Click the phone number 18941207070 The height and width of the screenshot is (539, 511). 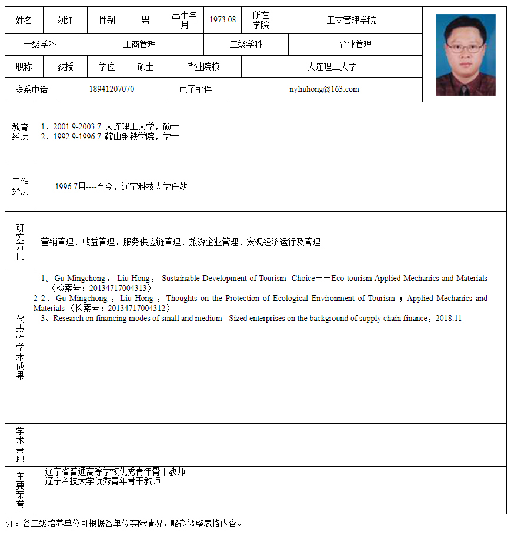pyautogui.click(x=111, y=89)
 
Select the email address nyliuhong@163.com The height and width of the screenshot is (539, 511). pyautogui.click(x=324, y=89)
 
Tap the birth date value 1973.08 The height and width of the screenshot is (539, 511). pyautogui.click(x=222, y=20)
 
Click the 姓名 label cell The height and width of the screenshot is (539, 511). pyautogui.click(x=24, y=21)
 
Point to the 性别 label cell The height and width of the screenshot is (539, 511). pyautogui.click(x=106, y=21)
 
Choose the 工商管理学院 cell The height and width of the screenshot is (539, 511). pyautogui.click(x=351, y=21)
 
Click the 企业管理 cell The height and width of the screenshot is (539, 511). pyautogui.click(x=355, y=45)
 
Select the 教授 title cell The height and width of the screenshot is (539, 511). pyautogui.click(x=65, y=67)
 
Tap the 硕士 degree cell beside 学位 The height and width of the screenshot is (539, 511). pyautogui.click(x=145, y=67)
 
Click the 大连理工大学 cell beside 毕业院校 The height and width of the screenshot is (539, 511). pyautogui.click(x=332, y=67)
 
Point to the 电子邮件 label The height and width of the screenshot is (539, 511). pyautogui.click(x=195, y=90)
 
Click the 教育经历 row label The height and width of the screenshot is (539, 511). pyautogui.click(x=21, y=132)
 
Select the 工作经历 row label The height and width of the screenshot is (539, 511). pyautogui.click(x=21, y=186)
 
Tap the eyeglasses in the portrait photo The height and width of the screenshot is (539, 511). pyautogui.click(x=465, y=46)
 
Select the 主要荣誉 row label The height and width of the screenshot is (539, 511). pyautogui.click(x=21, y=490)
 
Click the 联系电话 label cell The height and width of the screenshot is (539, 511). pyautogui.click(x=31, y=90)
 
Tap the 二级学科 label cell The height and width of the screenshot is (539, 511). pyautogui.click(x=246, y=45)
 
